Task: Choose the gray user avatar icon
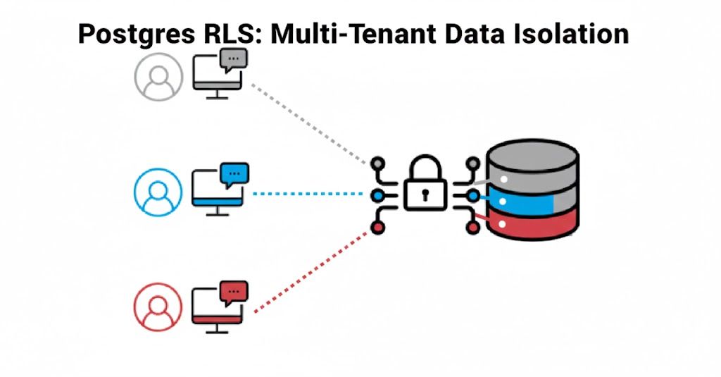(158, 77)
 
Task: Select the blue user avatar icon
(158, 192)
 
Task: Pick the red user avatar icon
(158, 307)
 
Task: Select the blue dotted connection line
(310, 193)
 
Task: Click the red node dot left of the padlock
(378, 228)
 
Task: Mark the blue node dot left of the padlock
(378, 195)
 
